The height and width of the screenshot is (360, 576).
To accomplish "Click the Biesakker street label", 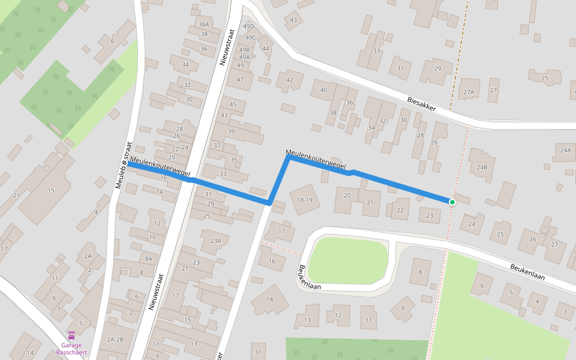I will tap(429, 104).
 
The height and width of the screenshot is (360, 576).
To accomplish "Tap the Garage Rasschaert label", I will tap(72, 349).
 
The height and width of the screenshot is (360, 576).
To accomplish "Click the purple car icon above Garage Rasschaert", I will tap(71, 334).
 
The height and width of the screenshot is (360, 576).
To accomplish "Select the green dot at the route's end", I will tap(452, 202).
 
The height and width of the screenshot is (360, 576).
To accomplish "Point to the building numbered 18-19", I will tap(305, 200).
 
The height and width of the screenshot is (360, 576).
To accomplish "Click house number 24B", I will tap(482, 167).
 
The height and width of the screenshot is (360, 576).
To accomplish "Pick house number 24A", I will tap(565, 149).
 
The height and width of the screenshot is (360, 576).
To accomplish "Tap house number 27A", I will tap(469, 92).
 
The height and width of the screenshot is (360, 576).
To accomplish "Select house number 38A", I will tap(203, 25).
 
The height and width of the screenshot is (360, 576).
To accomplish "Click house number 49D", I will tap(248, 27).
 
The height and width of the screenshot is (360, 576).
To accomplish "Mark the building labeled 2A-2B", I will tap(115, 340).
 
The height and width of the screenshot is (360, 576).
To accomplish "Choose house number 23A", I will tap(215, 241).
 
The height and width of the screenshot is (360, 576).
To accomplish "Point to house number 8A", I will tap(148, 259).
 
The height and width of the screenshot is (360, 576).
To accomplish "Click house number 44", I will tap(266, 49).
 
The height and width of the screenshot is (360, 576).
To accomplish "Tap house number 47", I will tap(240, 79).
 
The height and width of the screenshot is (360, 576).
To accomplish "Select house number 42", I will tap(290, 80).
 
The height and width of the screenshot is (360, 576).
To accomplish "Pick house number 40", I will tap(324, 91).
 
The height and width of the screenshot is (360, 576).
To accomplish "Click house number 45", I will tap(233, 104).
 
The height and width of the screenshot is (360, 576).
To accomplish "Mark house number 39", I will tap(231, 131).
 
